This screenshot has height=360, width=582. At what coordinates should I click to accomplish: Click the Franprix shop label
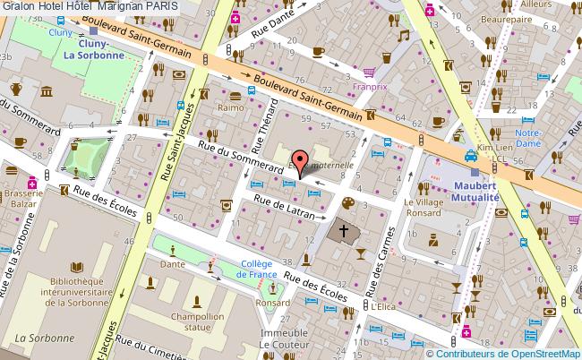tap(370, 87)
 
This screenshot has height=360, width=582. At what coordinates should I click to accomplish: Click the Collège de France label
tap(265, 268)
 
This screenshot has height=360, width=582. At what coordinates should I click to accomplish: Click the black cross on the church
tap(341, 230)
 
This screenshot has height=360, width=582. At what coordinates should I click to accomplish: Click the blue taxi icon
tap(469, 155)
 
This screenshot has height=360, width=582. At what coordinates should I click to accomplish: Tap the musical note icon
tap(404, 36)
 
